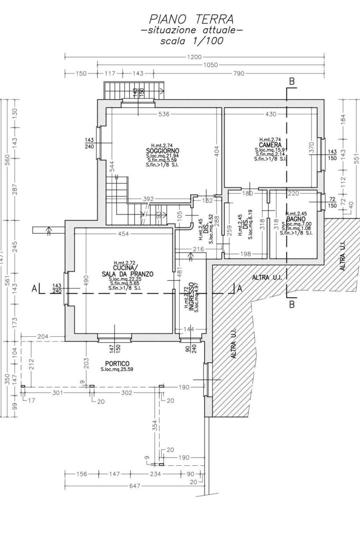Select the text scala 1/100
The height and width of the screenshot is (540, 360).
click(191, 41)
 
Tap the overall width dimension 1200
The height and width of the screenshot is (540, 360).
click(194, 57)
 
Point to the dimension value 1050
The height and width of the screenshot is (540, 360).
click(210, 65)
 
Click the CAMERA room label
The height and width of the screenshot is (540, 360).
click(270, 145)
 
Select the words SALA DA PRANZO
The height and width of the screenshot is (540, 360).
click(127, 274)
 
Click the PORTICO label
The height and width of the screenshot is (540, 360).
click(117, 363)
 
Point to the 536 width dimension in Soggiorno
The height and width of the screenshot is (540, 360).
click(164, 114)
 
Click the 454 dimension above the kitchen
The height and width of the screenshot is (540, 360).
click(123, 234)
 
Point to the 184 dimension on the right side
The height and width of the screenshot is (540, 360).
click(343, 119)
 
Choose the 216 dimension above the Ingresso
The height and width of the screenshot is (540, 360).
click(198, 249)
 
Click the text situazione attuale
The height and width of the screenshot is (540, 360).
click(191, 30)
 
